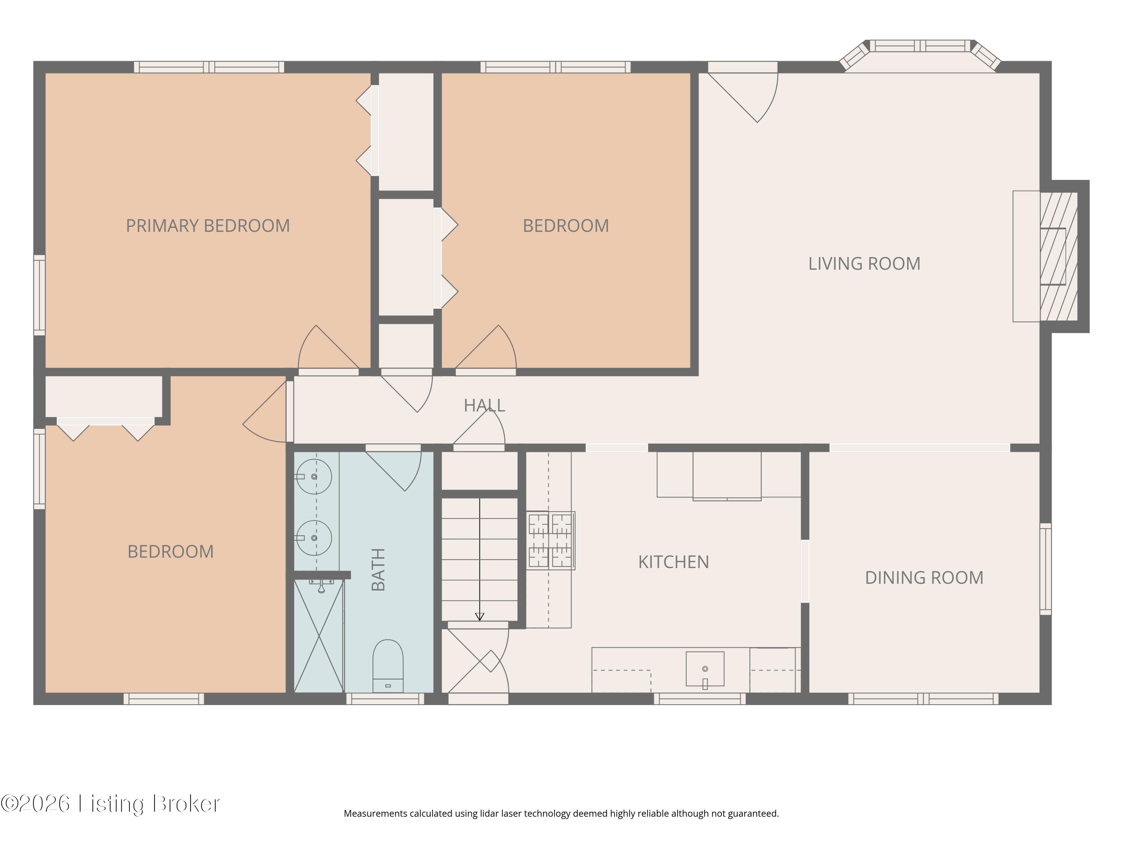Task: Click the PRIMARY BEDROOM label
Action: (x=208, y=226)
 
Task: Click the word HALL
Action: (x=484, y=405)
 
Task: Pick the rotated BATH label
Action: (x=378, y=570)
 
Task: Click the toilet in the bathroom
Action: (x=388, y=665)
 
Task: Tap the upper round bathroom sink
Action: (x=314, y=477)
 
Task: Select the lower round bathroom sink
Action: (x=314, y=537)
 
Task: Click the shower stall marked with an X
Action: (x=319, y=636)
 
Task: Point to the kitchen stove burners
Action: (x=550, y=540)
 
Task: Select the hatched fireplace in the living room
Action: (x=1059, y=256)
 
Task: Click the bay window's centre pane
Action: (x=920, y=46)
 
